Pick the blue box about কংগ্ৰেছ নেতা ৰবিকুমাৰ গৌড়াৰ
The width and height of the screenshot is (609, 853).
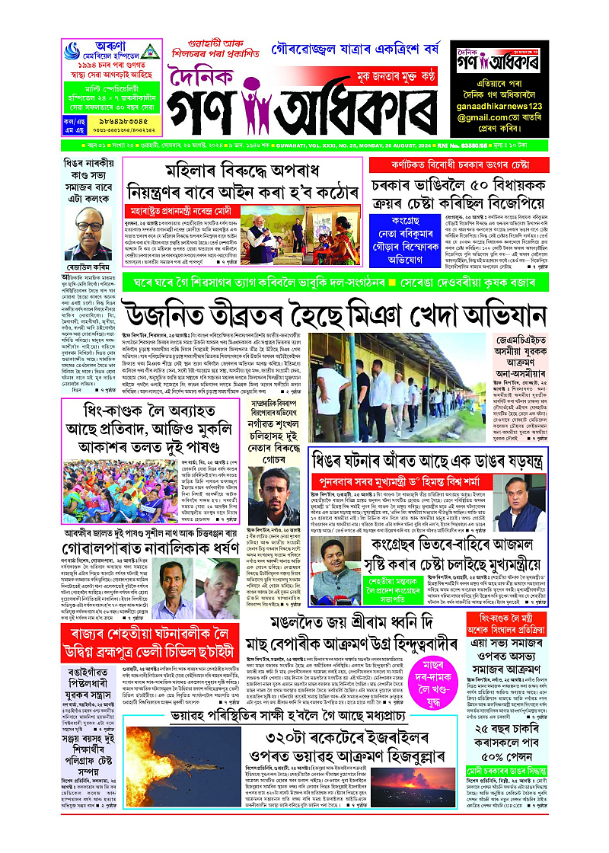coord(403,237)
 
